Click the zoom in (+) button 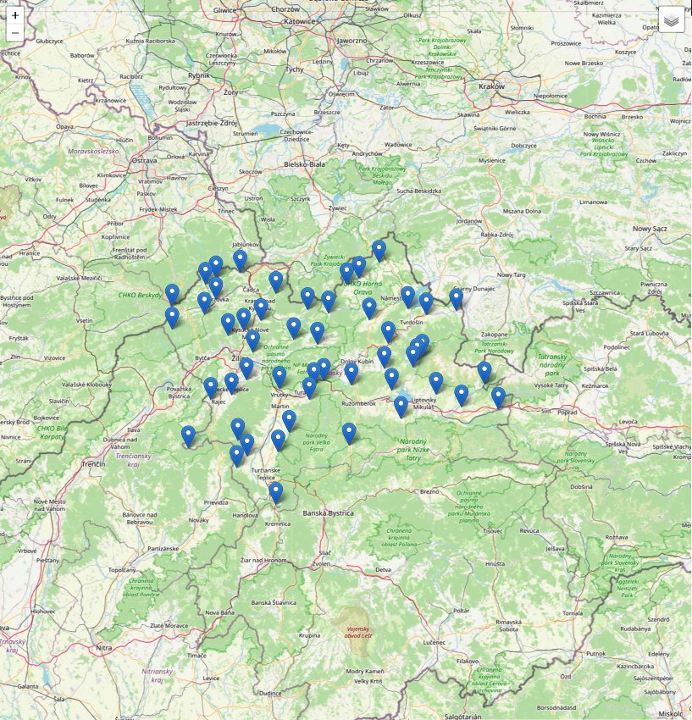pyautogui.click(x=15, y=15)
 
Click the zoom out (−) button pyautogui.click(x=15, y=33)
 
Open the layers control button pyautogui.click(x=671, y=19)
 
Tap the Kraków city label pyautogui.click(x=490, y=86)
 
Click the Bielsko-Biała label pyautogui.click(x=305, y=163)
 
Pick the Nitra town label pyautogui.click(x=104, y=648)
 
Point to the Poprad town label pyautogui.click(x=567, y=412)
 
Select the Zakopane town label pyautogui.click(x=495, y=334)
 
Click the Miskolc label pyautogui.click(x=677, y=702)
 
